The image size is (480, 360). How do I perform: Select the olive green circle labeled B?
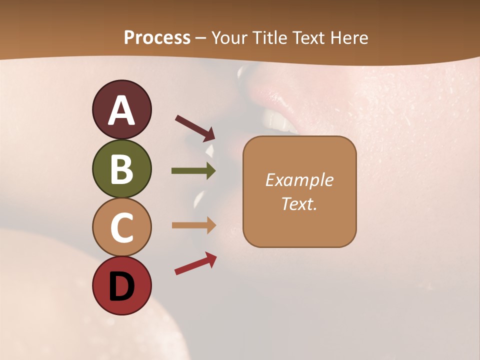point(121,169)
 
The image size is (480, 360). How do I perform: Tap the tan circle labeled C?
point(121,227)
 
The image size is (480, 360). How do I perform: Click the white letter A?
point(121,110)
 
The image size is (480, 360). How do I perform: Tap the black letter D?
point(121,286)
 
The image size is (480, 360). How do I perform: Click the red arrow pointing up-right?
point(195,263)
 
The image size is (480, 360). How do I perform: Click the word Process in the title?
point(157,38)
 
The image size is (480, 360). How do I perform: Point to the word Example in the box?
point(299,180)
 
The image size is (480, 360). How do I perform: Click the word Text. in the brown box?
point(299,203)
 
